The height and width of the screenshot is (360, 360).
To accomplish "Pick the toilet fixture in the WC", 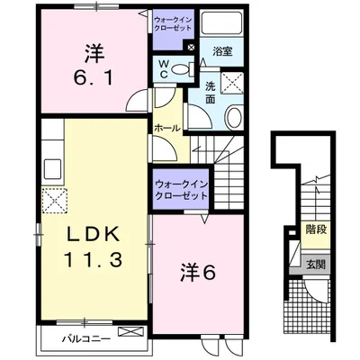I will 178,67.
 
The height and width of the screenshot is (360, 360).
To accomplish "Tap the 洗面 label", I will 209,93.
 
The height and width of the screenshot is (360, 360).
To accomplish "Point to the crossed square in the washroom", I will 232,84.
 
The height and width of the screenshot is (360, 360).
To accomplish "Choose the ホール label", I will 168,128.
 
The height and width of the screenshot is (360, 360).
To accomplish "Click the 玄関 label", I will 315,265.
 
